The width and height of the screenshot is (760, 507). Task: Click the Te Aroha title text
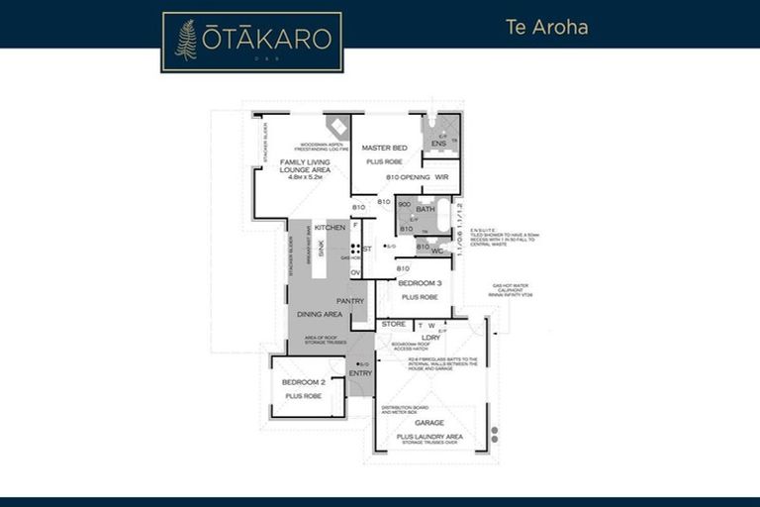[540, 27]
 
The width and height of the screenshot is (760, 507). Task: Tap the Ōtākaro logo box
[252, 42]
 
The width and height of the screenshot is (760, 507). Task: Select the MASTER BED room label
[386, 148]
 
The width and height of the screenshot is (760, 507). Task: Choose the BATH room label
[425, 209]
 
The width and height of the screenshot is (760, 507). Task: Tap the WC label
[436, 251]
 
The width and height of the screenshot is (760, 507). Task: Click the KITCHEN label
[330, 228]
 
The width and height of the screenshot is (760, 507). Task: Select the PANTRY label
[350, 301]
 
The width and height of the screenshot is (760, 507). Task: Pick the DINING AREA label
[320, 314]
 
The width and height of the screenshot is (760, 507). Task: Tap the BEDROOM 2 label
[303, 382]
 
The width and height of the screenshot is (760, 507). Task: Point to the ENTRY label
[360, 373]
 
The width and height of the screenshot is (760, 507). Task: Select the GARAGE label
[429, 423]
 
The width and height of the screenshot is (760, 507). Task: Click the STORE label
[394, 324]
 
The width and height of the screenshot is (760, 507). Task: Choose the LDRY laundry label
[430, 337]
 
